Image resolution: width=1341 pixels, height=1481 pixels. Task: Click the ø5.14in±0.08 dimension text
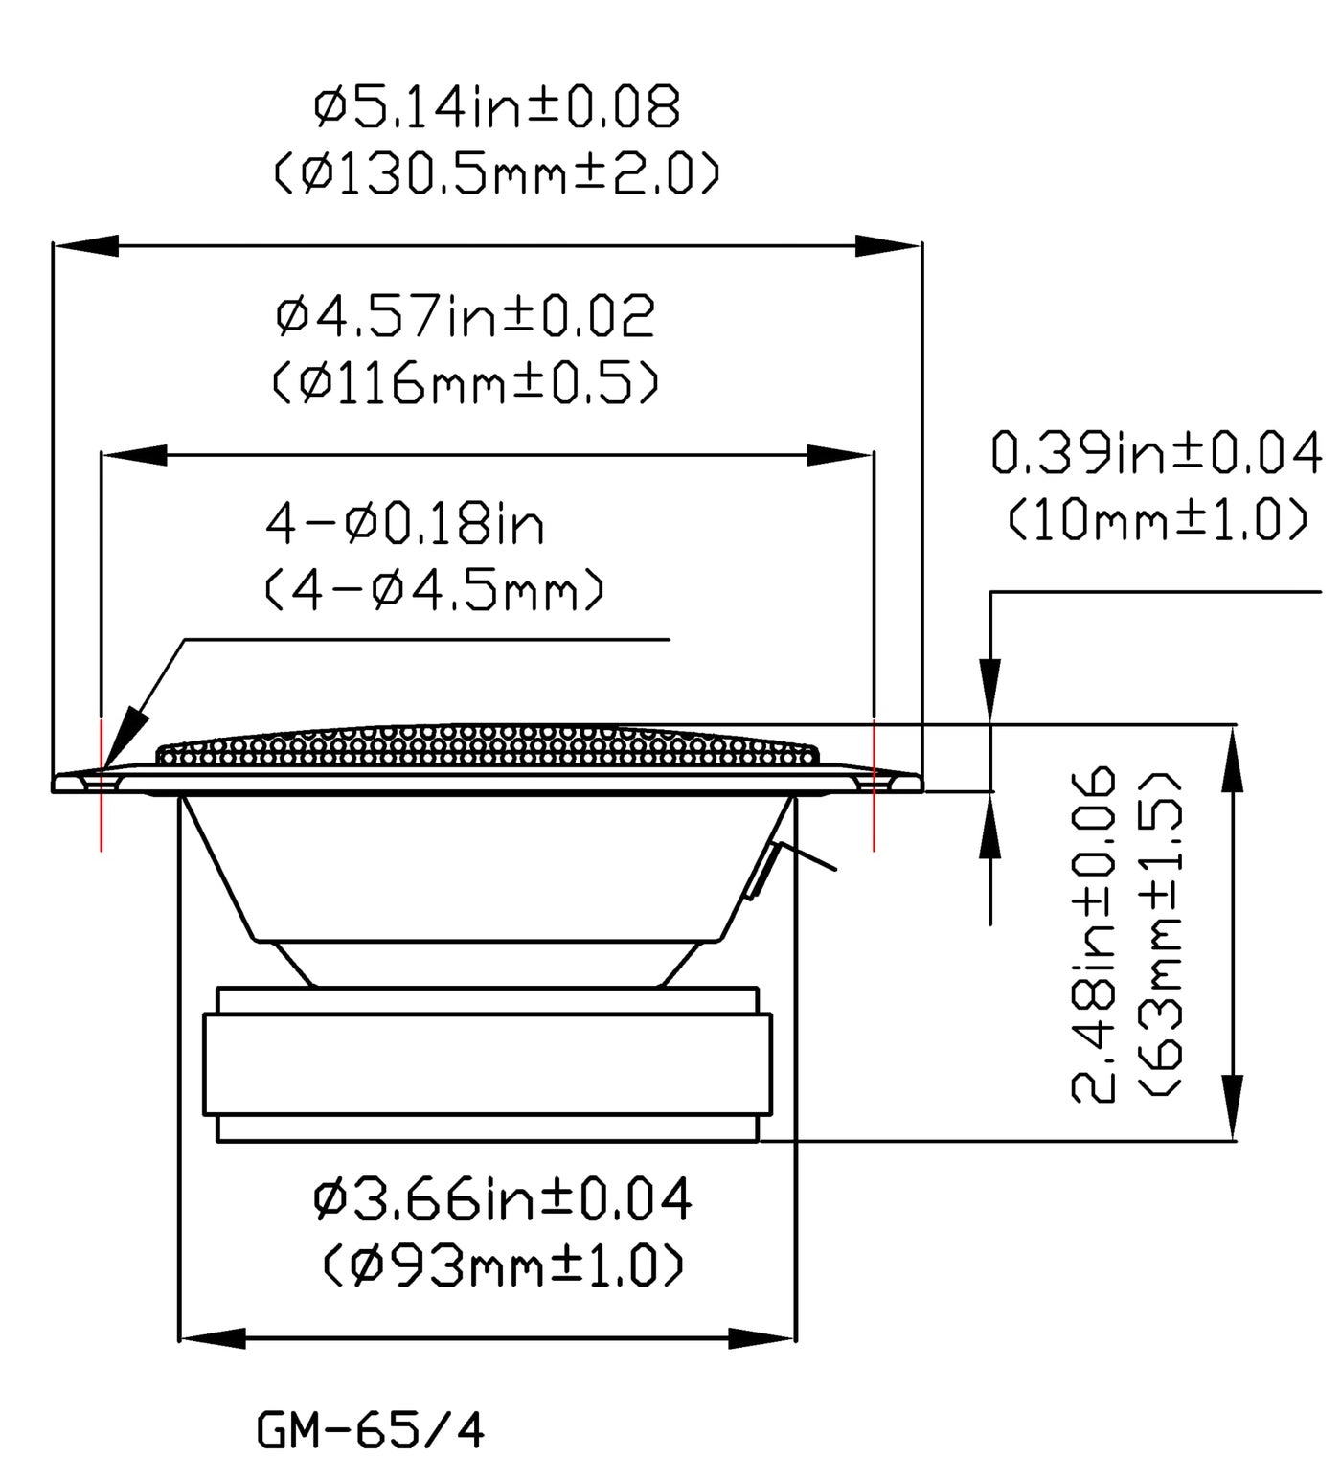(x=497, y=107)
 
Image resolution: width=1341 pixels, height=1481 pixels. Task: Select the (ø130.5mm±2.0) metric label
(x=497, y=175)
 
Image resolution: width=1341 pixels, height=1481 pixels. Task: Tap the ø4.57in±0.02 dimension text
(x=466, y=317)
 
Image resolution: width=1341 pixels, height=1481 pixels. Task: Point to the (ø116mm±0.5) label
(x=466, y=384)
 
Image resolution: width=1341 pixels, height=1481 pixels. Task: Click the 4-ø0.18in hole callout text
(x=404, y=525)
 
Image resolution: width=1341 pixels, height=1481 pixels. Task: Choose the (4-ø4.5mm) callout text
(x=434, y=592)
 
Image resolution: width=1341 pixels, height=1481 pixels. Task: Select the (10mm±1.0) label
(x=1156, y=521)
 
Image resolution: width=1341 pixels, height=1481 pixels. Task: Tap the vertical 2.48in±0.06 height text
(x=1093, y=934)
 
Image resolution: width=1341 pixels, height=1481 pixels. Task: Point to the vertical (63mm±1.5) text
(x=1160, y=934)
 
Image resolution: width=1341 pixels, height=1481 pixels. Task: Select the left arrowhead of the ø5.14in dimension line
(x=86, y=245)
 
